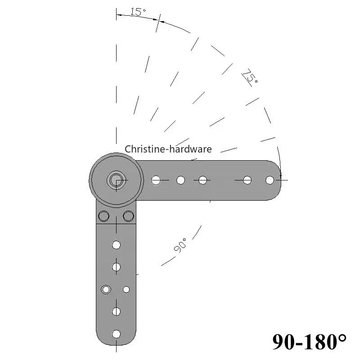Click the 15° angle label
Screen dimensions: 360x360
pyautogui.click(x=138, y=12)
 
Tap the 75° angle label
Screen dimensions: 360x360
pyautogui.click(x=250, y=76)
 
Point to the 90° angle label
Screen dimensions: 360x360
pyautogui.click(x=180, y=245)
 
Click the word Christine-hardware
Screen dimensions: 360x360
pyautogui.click(x=168, y=149)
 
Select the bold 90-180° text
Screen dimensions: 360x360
pyautogui.click(x=309, y=342)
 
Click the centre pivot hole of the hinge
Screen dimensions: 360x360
pyautogui.click(x=116, y=180)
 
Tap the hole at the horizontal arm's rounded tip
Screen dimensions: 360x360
pyautogui.click(x=270, y=180)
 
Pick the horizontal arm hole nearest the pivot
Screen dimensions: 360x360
pyautogui.click(x=156, y=180)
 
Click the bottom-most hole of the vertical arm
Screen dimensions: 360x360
pyautogui.click(x=116, y=334)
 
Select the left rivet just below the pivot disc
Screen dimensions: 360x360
pyautogui.click(x=103, y=216)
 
